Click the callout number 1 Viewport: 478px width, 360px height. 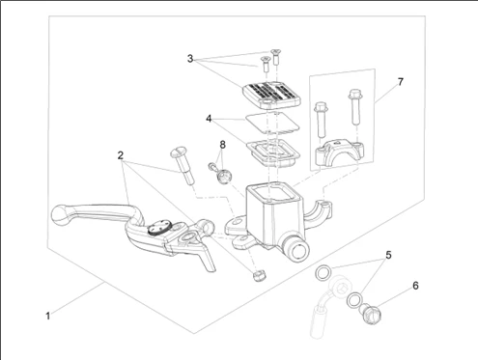click(x=48, y=316)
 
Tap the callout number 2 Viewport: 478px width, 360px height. click(x=121, y=155)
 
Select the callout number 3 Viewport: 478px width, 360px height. click(x=190, y=59)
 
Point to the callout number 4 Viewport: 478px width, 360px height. click(x=209, y=119)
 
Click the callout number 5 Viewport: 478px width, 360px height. click(x=388, y=255)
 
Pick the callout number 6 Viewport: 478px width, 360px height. click(x=415, y=286)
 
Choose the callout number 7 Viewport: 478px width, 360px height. click(x=400, y=82)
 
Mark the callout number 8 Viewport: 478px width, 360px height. click(x=223, y=145)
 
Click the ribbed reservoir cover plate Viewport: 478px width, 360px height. click(x=271, y=94)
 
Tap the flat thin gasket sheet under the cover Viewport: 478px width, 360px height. click(x=272, y=123)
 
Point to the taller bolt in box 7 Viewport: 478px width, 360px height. click(x=355, y=106)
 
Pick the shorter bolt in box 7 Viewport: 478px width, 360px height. click(x=322, y=119)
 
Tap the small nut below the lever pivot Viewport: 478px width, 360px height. click(x=259, y=275)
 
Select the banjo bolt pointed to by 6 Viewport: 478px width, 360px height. click(x=371, y=314)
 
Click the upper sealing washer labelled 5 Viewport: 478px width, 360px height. click(x=323, y=273)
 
